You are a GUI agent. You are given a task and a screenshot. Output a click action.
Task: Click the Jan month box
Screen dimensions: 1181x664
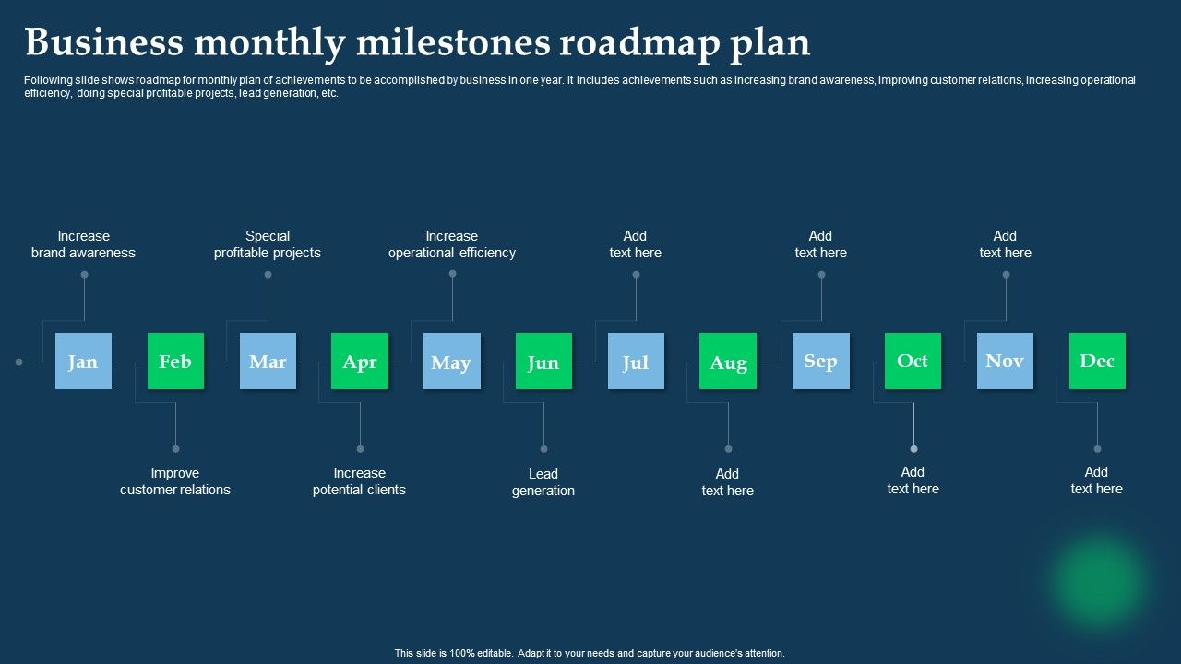pos(83,361)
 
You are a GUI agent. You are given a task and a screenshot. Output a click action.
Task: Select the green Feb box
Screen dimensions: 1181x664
pos(175,361)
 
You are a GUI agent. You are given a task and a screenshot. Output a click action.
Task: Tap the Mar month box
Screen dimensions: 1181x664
pos(268,361)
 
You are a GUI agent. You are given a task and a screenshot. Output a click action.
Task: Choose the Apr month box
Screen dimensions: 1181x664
pos(360,361)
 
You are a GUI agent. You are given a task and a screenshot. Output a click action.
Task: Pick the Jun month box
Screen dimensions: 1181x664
pos(543,361)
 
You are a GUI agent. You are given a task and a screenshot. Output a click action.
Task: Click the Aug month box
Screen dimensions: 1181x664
pos(728,361)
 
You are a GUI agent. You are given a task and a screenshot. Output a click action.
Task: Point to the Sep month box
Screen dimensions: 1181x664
pos(821,361)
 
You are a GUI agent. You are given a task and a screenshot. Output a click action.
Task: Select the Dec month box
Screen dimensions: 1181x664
pos(1097,361)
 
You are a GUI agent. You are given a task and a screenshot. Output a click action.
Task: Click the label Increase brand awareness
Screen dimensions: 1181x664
pos(83,244)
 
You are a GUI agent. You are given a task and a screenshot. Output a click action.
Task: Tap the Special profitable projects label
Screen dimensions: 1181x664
pos(268,244)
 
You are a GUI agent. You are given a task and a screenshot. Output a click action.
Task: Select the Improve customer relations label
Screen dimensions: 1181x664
pos(175,481)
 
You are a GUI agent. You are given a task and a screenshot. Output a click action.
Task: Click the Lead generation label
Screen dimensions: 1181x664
pos(543,482)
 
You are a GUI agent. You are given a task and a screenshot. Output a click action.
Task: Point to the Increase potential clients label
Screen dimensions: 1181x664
pos(359,481)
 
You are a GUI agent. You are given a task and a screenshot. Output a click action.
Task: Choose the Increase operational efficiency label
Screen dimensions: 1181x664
pos(452,244)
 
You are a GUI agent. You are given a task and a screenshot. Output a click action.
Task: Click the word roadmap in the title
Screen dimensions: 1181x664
pos(639,43)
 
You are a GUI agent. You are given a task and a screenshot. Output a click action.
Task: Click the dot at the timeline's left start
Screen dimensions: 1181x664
pos(19,362)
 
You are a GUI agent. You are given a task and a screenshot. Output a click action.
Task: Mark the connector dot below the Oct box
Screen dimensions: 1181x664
pos(913,449)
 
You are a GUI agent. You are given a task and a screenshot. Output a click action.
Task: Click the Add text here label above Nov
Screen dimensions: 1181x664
pos(1005,244)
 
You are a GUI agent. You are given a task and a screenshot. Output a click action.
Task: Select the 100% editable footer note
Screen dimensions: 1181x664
pos(590,653)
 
